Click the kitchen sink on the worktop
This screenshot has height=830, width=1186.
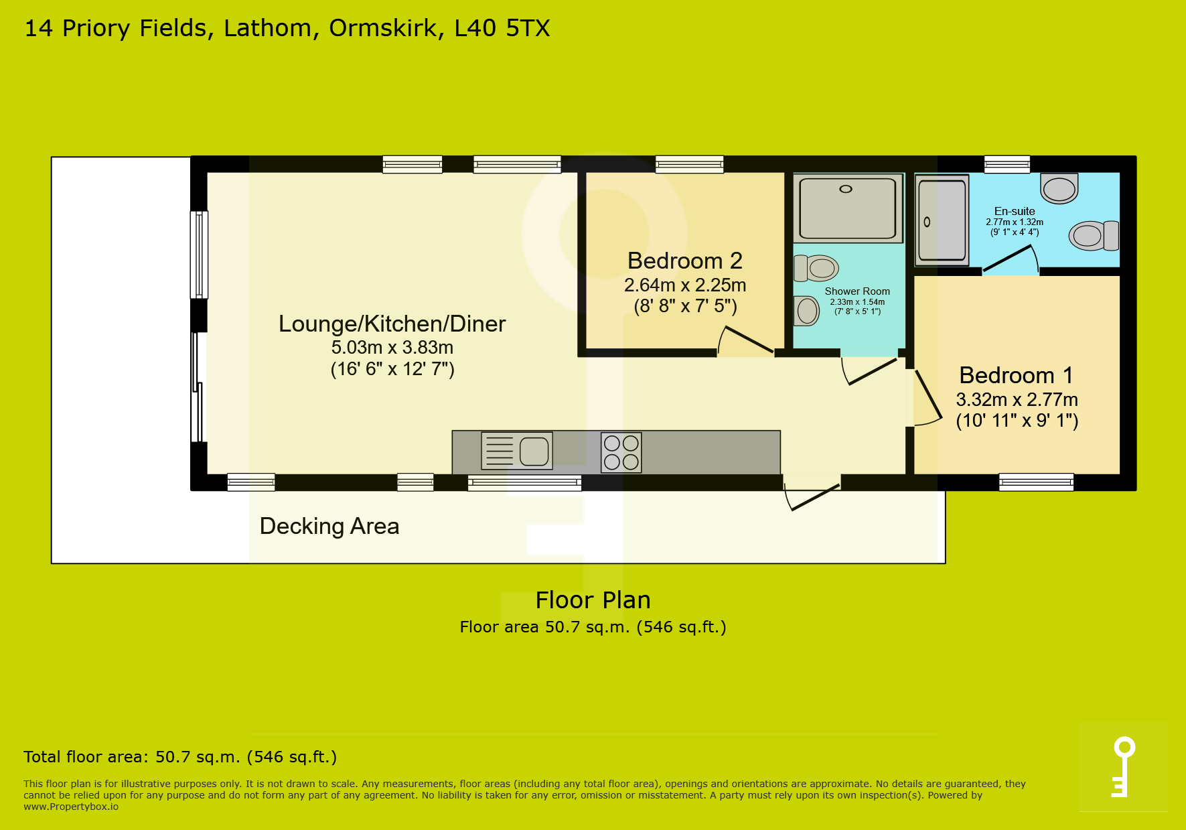click(x=517, y=450)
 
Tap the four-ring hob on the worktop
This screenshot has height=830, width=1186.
click(x=621, y=452)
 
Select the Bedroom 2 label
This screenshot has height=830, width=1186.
click(x=685, y=261)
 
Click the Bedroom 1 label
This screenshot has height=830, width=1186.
click(x=1016, y=375)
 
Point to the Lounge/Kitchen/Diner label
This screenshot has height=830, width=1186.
click(x=392, y=324)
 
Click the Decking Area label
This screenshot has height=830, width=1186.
click(x=329, y=526)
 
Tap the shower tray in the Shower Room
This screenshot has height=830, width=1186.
click(x=848, y=208)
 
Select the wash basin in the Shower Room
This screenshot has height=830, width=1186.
click(x=806, y=311)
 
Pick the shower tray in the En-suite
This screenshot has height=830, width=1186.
click(x=942, y=220)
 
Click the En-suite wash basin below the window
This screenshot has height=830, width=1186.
click(x=1059, y=188)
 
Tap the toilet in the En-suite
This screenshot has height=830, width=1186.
click(x=1094, y=235)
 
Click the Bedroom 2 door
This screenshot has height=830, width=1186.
click(x=746, y=340)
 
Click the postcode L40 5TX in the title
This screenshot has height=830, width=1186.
click(x=502, y=28)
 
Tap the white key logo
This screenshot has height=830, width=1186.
click(x=1123, y=767)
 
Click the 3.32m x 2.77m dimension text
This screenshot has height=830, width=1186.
click(x=1017, y=400)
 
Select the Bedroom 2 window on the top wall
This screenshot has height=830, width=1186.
click(x=689, y=164)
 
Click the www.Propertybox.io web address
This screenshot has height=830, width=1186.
click(x=71, y=807)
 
